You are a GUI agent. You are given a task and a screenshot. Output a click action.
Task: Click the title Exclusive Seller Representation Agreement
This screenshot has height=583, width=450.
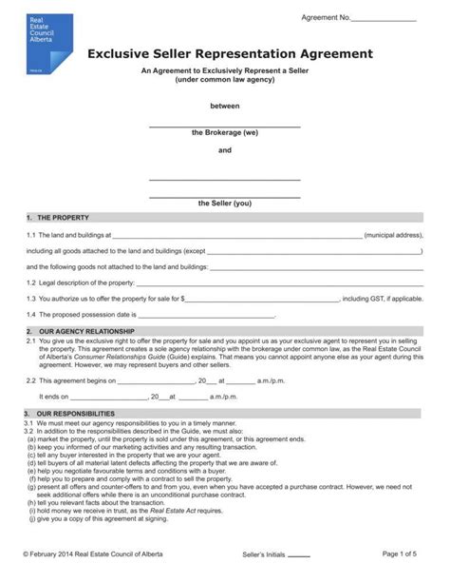point(230,54)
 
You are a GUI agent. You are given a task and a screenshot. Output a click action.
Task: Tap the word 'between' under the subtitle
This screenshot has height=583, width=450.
point(225,106)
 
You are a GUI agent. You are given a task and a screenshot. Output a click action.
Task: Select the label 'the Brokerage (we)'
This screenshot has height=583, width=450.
point(225,132)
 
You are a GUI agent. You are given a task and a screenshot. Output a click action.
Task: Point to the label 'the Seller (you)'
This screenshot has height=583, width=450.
point(225,203)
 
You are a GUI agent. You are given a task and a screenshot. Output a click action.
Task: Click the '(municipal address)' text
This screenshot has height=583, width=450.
point(394,234)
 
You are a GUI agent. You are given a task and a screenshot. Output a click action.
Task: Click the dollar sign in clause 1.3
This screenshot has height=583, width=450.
point(182,299)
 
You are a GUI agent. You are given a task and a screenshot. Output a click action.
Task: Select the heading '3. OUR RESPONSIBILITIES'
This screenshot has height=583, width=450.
point(75,414)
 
